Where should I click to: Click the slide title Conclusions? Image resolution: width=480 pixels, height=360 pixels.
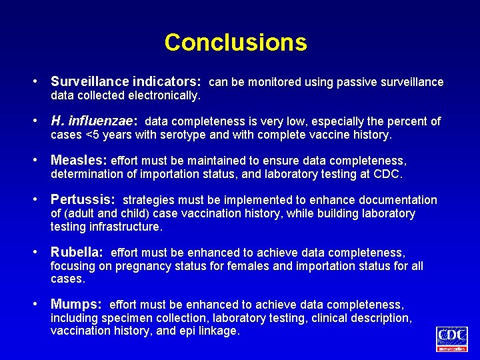235,43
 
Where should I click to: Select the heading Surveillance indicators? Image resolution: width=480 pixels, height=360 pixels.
126,82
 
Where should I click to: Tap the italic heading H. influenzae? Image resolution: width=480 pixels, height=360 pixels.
94,121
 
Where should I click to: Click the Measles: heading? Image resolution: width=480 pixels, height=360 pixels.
79,161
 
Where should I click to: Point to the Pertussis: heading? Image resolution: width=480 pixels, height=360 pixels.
83,200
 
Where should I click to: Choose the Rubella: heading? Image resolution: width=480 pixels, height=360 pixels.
77,253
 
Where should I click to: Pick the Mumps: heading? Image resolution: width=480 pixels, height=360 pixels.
76,304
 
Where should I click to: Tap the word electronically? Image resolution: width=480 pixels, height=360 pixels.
167,96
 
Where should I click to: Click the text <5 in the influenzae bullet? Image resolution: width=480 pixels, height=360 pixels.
94,135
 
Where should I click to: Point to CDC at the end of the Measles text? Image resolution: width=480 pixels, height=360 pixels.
389,175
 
